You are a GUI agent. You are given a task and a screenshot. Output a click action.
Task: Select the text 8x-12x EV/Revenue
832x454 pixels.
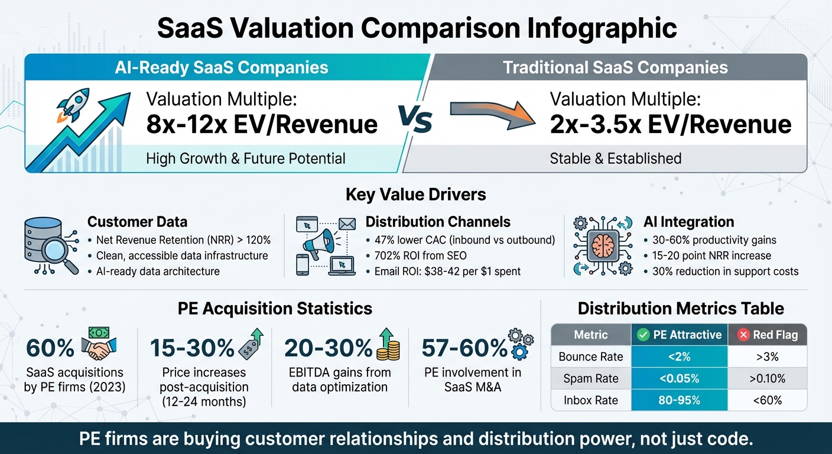[x=262, y=124]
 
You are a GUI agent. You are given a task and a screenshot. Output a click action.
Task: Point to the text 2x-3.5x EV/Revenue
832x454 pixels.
[x=670, y=124]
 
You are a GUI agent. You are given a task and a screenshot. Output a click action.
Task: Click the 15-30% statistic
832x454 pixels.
[x=192, y=349]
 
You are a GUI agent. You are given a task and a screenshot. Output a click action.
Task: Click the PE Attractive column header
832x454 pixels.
[x=680, y=335]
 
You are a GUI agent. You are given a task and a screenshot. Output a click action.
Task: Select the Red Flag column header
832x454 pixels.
[x=768, y=335]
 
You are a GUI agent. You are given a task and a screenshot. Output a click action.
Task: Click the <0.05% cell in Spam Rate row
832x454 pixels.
[x=680, y=378]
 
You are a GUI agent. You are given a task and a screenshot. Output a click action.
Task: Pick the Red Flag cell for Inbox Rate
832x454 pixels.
[x=768, y=400]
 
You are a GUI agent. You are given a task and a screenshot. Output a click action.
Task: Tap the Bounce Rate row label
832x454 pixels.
[x=591, y=356]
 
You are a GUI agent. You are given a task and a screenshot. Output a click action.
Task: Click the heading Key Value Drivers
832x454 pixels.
[x=416, y=195]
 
